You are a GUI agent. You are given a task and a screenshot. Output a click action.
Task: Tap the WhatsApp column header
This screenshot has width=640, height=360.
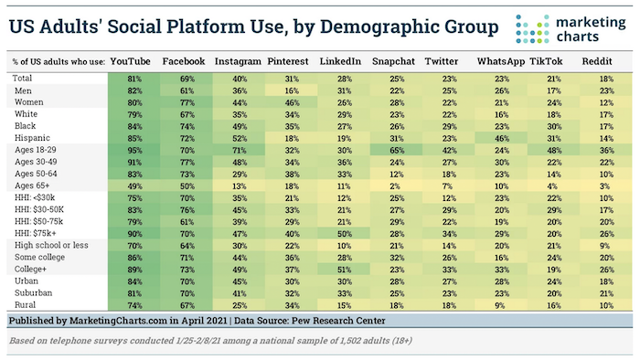[501, 60]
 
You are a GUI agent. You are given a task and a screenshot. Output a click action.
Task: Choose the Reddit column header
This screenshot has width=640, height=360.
[604, 60]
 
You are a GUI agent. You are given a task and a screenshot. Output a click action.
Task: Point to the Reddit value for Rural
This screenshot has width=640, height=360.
[604, 305]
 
